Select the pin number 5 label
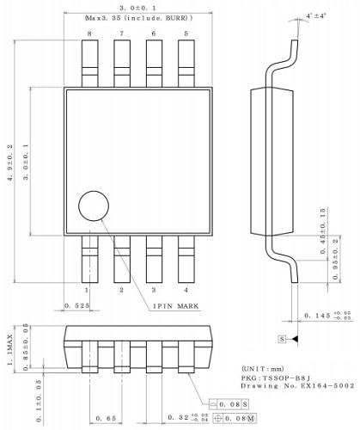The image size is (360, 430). point(186,33)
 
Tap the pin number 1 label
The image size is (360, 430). point(88,290)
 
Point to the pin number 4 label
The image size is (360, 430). point(186,290)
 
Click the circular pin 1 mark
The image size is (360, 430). point(94,206)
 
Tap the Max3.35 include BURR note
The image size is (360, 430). point(138,17)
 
